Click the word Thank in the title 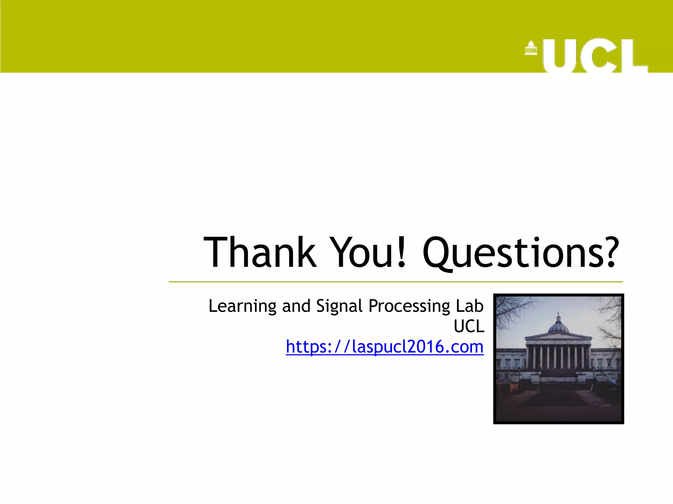pyautogui.click(x=260, y=253)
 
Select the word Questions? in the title pyautogui.click(x=519, y=253)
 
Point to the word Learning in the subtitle pyautogui.click(x=242, y=306)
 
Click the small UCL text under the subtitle pyautogui.click(x=469, y=326)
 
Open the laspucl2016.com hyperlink pyautogui.click(x=384, y=347)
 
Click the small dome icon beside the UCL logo pyautogui.click(x=531, y=48)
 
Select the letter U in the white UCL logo pyautogui.click(x=559, y=56)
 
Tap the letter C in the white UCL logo pyautogui.click(x=598, y=56)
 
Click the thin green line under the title pyautogui.click(x=394, y=282)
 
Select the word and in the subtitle pyautogui.click(x=296, y=306)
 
